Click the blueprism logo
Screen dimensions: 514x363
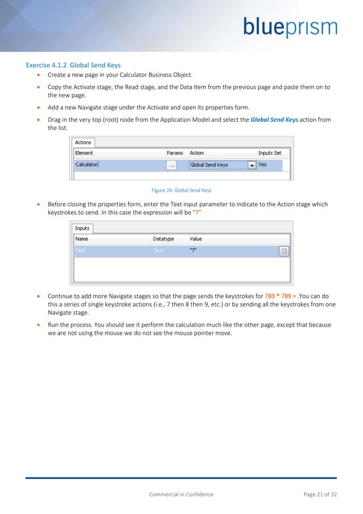[x=290, y=27]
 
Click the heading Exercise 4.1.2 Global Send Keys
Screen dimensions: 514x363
[x=73, y=65]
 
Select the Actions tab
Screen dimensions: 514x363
[x=83, y=142]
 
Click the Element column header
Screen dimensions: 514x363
[x=84, y=153]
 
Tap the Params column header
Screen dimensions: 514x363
[x=175, y=153]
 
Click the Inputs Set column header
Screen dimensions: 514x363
[x=270, y=153]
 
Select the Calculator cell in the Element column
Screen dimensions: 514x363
[x=86, y=165]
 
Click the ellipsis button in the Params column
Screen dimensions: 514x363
[x=171, y=165]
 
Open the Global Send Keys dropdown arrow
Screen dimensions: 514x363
[x=251, y=165]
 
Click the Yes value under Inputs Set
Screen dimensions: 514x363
[x=262, y=165]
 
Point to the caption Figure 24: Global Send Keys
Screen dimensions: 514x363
[x=181, y=190]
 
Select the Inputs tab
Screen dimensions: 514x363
[x=82, y=229]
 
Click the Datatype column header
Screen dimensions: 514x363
[x=163, y=239]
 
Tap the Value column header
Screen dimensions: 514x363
[x=196, y=239]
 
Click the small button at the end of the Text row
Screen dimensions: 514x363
[x=284, y=251]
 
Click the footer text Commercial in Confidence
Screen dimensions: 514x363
[x=181, y=494]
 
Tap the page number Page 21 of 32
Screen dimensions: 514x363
[x=320, y=494]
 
